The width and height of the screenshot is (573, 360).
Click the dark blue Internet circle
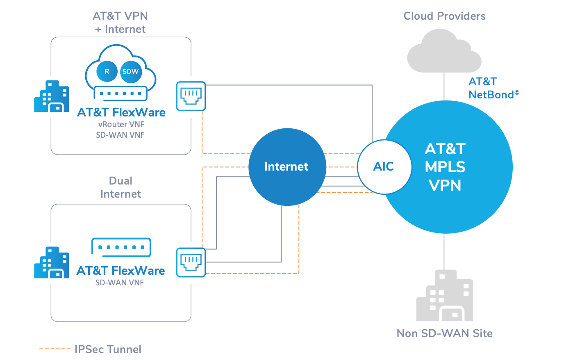point(287,167)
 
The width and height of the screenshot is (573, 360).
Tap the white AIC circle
point(384,167)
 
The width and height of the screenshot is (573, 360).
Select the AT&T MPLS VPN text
point(445,167)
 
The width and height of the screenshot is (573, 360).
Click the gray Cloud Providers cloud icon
point(444,51)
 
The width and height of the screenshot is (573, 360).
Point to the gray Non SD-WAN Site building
point(445,295)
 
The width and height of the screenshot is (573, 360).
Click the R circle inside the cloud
point(107,71)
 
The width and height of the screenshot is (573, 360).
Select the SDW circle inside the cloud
point(131,72)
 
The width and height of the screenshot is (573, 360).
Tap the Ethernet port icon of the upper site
point(191,96)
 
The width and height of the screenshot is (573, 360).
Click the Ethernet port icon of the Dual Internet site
point(191,262)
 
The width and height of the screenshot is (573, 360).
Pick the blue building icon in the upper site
point(51,96)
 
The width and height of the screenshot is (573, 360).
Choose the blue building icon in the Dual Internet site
point(51,262)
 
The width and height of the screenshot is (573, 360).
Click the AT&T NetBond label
point(494,88)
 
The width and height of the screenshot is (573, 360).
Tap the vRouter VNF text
point(121,124)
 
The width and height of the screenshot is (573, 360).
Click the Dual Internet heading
point(121,187)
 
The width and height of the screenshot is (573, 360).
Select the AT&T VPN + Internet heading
point(120,23)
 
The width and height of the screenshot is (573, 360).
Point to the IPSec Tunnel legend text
point(108,349)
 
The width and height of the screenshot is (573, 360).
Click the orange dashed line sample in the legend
point(55,349)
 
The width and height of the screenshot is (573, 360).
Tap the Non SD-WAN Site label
point(445,333)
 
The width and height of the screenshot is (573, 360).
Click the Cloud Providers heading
point(445,16)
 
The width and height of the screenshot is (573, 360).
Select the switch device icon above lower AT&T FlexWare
point(121,247)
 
